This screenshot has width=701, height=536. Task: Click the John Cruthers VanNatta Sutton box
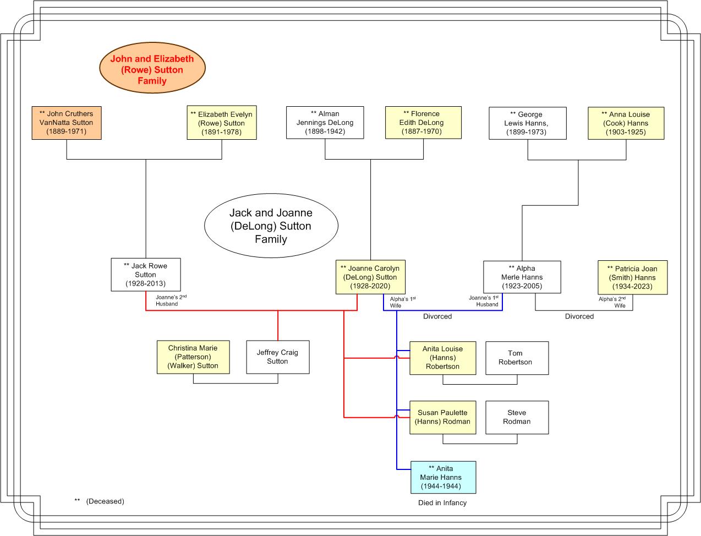tap(67, 123)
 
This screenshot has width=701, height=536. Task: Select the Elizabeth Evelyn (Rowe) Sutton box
tap(222, 123)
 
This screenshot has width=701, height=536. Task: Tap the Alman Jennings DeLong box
tap(325, 123)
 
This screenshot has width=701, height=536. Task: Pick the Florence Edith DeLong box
tap(423, 123)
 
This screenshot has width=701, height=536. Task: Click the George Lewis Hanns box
tap(528, 123)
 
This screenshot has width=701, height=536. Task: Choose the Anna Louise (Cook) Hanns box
tap(626, 123)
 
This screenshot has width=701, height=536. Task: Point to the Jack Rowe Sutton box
tap(146, 275)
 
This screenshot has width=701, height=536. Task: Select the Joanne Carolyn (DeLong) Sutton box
tap(370, 277)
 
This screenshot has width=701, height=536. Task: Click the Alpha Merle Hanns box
tap(522, 277)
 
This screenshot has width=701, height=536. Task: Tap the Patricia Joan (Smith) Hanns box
tap(632, 277)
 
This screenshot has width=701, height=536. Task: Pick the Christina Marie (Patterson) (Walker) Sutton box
tap(193, 357)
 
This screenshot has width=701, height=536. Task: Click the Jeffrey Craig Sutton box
tap(278, 357)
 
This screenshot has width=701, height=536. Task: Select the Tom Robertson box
tap(517, 358)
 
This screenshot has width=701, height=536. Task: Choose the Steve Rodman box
tap(517, 418)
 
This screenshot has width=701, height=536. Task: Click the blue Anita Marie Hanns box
tap(443, 477)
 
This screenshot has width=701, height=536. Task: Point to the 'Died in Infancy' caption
tap(442, 503)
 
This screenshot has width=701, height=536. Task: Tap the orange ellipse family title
tap(152, 68)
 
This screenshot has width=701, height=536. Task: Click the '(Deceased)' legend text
tap(105, 501)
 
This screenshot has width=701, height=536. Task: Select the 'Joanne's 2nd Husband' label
tap(171, 300)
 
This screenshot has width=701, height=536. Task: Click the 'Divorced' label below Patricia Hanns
tap(579, 316)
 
